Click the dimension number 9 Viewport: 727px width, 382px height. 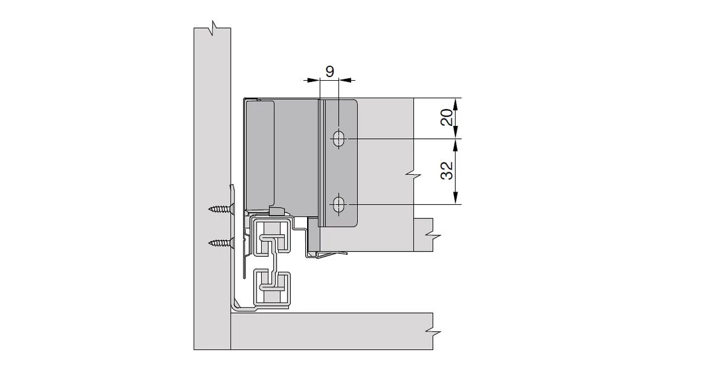click(x=330, y=70)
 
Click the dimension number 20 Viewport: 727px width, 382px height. click(x=446, y=118)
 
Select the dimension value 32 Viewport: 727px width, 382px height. click(x=446, y=171)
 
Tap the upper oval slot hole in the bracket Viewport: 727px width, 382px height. click(x=338, y=138)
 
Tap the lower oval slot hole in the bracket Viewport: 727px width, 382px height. click(x=338, y=204)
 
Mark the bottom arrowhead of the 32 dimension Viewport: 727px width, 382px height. click(x=457, y=199)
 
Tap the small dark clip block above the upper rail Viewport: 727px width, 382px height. click(x=275, y=210)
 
